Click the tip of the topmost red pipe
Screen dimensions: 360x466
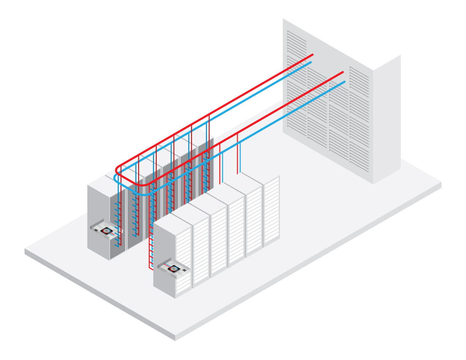click(312, 55)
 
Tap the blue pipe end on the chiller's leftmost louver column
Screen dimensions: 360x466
click(311, 63)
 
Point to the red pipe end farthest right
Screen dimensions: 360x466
click(342, 73)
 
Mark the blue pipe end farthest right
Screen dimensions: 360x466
click(344, 82)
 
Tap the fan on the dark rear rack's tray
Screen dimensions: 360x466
click(107, 230)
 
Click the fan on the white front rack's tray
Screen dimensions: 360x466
click(174, 268)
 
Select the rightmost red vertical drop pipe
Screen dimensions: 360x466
click(237, 152)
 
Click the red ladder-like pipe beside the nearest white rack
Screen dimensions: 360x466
click(150, 250)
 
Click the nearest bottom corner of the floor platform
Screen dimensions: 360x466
click(175, 337)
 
